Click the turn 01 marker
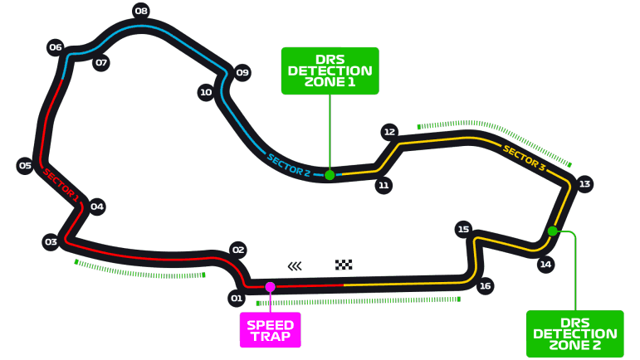(x=237, y=299)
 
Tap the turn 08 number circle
(x=141, y=11)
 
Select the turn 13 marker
(x=584, y=184)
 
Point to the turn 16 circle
(x=485, y=286)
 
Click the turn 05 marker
(x=25, y=166)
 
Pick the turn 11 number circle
(x=384, y=186)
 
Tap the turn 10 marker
(x=206, y=93)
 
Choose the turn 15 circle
(x=463, y=229)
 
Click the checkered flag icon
(x=344, y=265)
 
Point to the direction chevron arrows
(x=295, y=266)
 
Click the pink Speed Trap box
(x=271, y=330)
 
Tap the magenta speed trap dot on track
(x=271, y=287)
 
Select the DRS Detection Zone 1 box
(x=330, y=71)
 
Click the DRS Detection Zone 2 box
(x=575, y=334)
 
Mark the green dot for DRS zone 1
(x=330, y=175)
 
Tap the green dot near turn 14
(x=553, y=231)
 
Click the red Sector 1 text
(x=61, y=185)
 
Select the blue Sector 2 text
(x=289, y=165)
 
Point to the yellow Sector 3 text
(x=524, y=158)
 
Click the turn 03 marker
(x=51, y=242)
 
